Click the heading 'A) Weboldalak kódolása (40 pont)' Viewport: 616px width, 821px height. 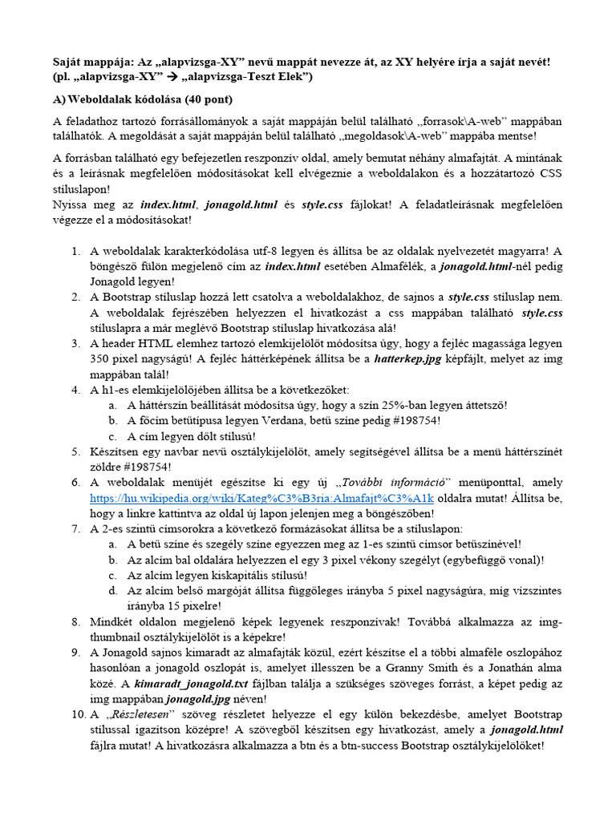142,99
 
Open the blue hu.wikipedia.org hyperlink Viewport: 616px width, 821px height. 262,497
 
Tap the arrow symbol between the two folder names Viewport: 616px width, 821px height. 175,77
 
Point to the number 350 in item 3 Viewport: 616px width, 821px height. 101,358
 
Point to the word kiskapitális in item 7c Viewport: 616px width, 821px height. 225,575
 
